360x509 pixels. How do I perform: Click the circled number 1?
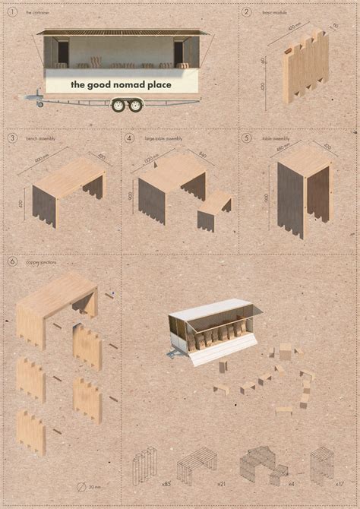[x=12, y=11]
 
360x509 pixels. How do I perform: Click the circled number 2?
[x=246, y=11]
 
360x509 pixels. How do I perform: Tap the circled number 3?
[x=12, y=138]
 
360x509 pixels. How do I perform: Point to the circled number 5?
[x=246, y=138]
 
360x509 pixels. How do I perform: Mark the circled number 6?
[x=12, y=261]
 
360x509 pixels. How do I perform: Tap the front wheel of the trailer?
[x=119, y=106]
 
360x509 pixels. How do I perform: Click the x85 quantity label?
[x=165, y=482]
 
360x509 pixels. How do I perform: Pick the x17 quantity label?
[x=338, y=482]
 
